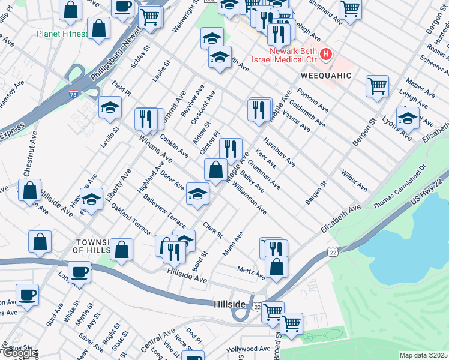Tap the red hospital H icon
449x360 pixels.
pyautogui.click(x=326, y=55)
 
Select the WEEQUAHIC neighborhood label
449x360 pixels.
pyautogui.click(x=325, y=76)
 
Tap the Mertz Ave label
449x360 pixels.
pyautogui.click(x=251, y=272)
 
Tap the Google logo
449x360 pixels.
pyautogui.click(x=19, y=353)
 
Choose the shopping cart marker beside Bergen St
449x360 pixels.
pyautogui.click(x=377, y=86)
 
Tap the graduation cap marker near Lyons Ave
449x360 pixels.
pyautogui.click(x=408, y=118)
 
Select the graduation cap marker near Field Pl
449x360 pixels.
pyautogui.click(x=110, y=107)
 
